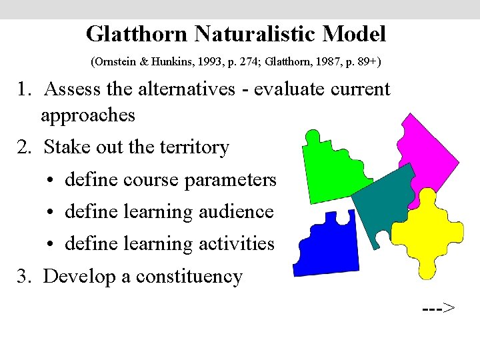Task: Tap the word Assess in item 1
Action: tap(75, 89)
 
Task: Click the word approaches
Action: tap(88, 115)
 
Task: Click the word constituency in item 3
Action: tap(189, 276)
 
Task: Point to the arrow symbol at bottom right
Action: tap(439, 307)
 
